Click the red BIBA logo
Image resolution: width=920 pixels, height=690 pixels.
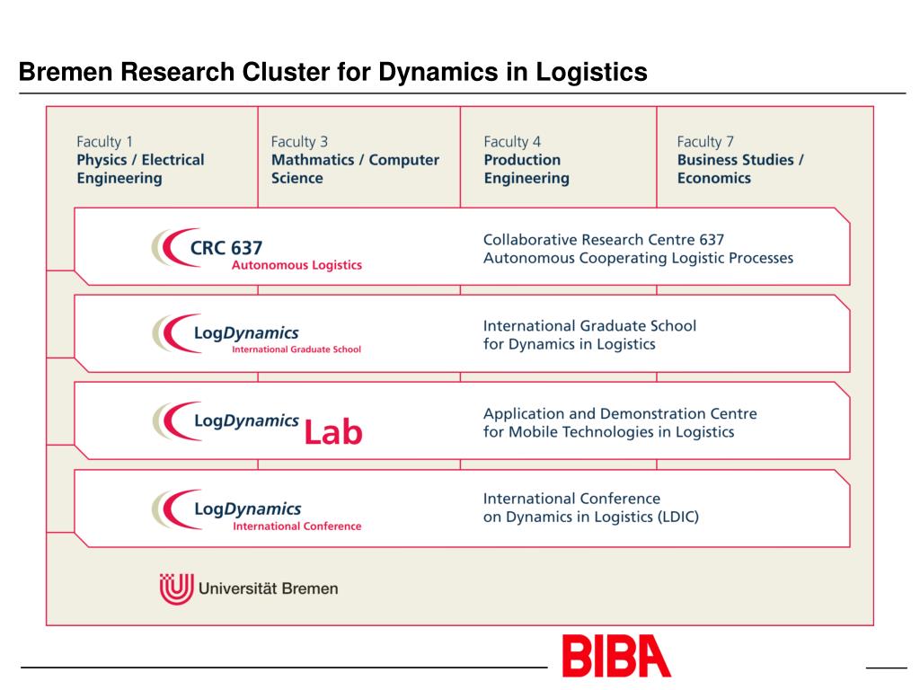tap(616, 656)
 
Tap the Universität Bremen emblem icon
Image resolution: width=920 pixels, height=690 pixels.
tap(176, 588)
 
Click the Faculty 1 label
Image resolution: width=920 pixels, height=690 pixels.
tap(104, 141)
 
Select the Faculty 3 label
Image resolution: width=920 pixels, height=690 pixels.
tap(299, 141)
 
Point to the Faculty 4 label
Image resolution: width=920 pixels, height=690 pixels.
tap(512, 141)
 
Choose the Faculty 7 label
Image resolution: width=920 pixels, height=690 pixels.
tap(705, 141)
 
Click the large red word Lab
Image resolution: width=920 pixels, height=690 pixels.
tap(333, 433)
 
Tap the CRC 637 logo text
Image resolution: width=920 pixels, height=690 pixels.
tap(226, 247)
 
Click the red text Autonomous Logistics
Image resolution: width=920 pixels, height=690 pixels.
tap(296, 265)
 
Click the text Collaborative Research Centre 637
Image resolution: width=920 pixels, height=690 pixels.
tap(604, 240)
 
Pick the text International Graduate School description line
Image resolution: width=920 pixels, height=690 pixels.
tap(589, 326)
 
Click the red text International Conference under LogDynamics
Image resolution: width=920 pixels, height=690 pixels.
tap(296, 526)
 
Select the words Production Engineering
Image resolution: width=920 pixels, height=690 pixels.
tap(526, 169)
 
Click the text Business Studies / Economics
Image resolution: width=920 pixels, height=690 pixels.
tap(740, 169)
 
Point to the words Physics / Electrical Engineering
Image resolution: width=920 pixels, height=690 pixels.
tap(140, 169)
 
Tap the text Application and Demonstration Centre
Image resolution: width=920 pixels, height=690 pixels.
tap(620, 414)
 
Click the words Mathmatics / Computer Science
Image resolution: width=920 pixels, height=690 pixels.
tap(355, 169)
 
